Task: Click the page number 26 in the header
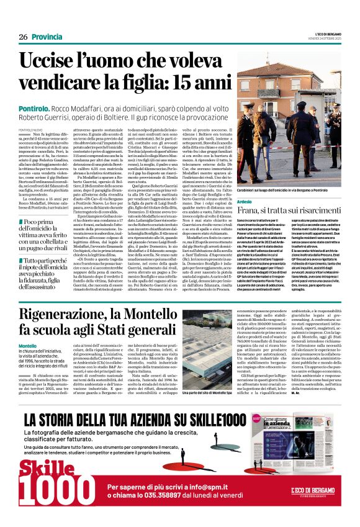click(23, 37)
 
